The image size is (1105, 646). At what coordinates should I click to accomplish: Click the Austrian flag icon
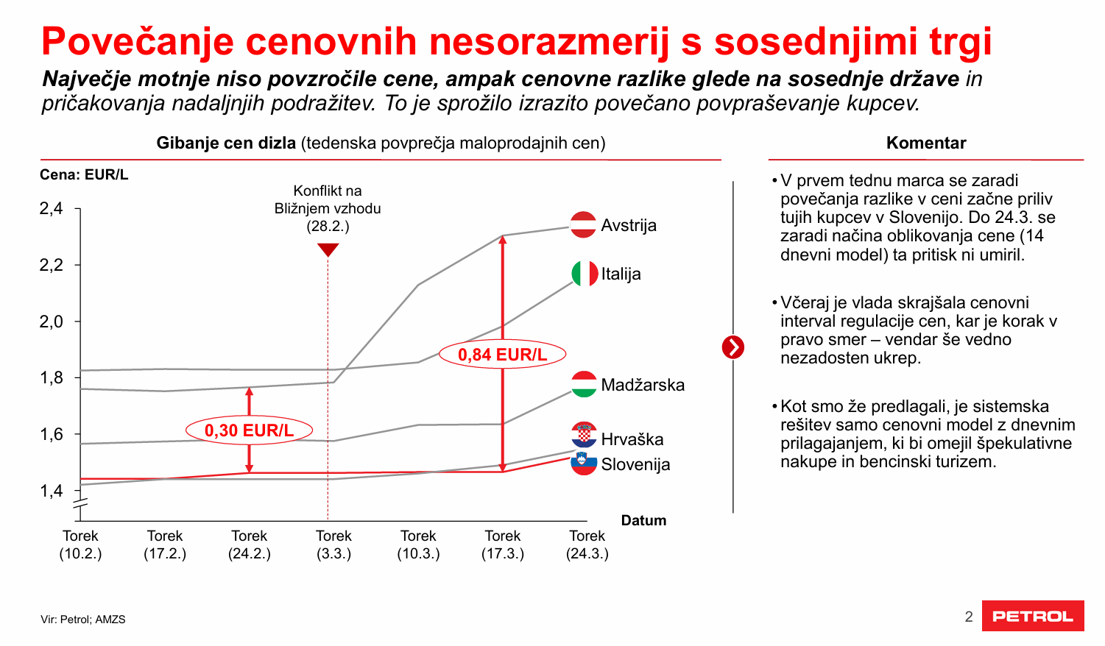[583, 224]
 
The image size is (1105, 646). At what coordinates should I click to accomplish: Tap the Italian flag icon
[585, 274]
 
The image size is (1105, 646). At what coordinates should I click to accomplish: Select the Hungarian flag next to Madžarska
[584, 384]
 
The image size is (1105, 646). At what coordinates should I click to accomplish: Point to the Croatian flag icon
[584, 435]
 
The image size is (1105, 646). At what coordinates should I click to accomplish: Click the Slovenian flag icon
[584, 463]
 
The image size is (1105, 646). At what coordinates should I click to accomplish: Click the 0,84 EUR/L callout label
[503, 355]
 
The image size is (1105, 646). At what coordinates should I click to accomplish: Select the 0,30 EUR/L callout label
[249, 430]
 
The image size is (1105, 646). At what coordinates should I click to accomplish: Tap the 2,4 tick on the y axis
[52, 209]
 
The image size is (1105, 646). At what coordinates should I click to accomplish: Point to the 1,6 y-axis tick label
[52, 434]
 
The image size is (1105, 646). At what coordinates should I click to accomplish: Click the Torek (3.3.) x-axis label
[333, 544]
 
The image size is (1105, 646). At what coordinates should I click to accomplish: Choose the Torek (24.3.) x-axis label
[587, 544]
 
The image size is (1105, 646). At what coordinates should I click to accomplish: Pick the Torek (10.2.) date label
[80, 544]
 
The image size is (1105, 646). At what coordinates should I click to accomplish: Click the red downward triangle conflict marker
[328, 249]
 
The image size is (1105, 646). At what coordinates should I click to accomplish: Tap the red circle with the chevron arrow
[733, 347]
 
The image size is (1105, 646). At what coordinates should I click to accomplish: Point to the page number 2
[969, 617]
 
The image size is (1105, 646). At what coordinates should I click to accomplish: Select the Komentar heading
[926, 143]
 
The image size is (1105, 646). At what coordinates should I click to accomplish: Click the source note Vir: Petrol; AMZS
[83, 620]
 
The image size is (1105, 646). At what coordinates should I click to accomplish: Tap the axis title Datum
[643, 520]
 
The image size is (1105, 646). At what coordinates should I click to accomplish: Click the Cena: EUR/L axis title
[84, 174]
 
